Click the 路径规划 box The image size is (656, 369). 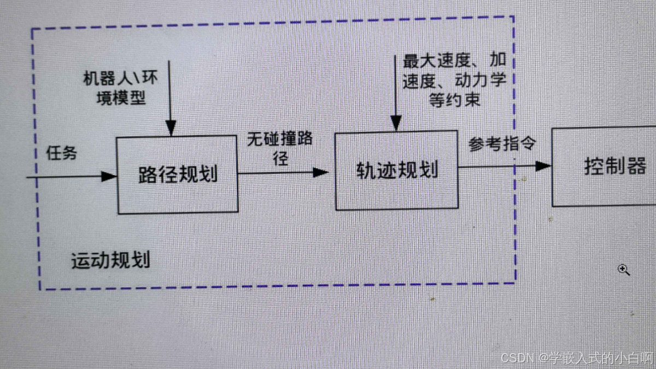(x=178, y=175)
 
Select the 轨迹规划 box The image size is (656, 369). (x=396, y=169)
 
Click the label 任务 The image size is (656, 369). (x=61, y=154)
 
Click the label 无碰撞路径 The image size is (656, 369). (x=280, y=148)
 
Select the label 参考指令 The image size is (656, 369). (x=502, y=144)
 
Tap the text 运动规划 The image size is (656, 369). (x=110, y=261)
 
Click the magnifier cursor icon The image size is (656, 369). (x=624, y=270)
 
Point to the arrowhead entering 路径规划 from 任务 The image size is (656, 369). (x=110, y=176)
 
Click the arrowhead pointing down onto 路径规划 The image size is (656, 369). (x=171, y=130)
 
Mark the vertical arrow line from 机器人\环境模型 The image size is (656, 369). (x=171, y=93)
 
